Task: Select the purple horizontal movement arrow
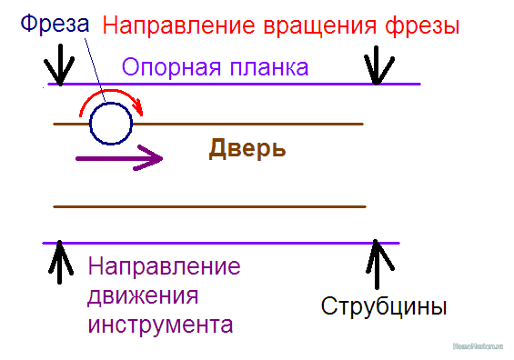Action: (x=118, y=157)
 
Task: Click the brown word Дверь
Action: (x=247, y=148)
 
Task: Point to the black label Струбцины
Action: (x=383, y=305)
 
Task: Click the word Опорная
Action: (x=164, y=67)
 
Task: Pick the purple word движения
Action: (x=143, y=296)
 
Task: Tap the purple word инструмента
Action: (x=160, y=325)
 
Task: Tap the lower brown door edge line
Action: (x=209, y=207)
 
